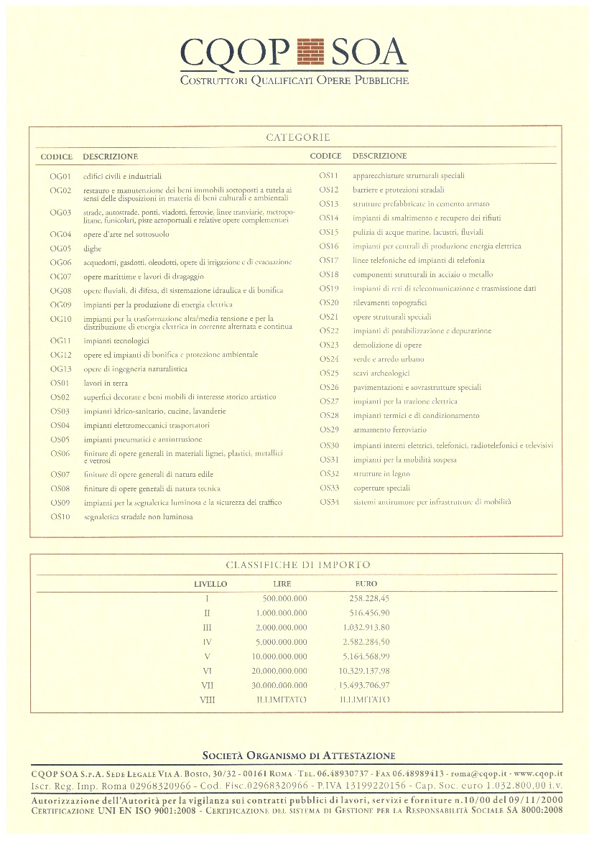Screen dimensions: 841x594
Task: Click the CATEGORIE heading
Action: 297,137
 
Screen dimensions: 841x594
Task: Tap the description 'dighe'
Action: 93,248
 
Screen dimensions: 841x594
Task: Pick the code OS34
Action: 329,501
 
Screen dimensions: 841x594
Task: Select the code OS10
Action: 61,516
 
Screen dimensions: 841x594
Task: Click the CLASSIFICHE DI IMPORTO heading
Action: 298,565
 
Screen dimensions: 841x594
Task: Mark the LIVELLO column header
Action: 210,584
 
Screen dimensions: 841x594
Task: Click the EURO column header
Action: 366,584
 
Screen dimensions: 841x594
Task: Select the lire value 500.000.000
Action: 284,598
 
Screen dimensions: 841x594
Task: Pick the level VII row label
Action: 208,685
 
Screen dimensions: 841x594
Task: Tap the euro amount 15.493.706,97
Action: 364,685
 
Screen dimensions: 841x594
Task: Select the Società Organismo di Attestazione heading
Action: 298,756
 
